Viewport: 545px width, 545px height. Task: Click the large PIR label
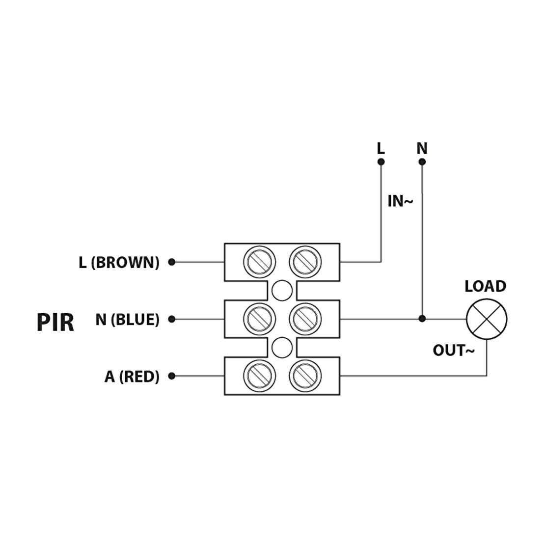55,322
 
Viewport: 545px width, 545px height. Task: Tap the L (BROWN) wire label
119,262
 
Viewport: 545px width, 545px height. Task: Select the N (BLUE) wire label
127,320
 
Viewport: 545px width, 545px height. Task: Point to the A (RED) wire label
132,377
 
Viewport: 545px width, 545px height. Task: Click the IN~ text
400,201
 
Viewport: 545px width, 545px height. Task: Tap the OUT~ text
454,351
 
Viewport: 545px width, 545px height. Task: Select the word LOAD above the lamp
485,286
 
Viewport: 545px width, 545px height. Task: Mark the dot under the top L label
381,162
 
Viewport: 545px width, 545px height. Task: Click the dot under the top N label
422,162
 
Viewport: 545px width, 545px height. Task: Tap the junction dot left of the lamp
422,318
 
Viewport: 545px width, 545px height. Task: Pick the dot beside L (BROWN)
171,262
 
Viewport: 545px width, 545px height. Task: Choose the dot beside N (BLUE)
171,319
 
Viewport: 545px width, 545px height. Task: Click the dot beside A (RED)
171,376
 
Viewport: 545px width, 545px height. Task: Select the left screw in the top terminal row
259,262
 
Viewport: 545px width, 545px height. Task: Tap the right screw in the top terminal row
305,262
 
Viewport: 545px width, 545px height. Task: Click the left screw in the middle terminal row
259,319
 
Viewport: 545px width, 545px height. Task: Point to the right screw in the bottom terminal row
305,376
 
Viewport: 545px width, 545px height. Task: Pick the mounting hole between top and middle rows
282,291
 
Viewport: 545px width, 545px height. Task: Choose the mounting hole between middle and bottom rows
282,348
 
